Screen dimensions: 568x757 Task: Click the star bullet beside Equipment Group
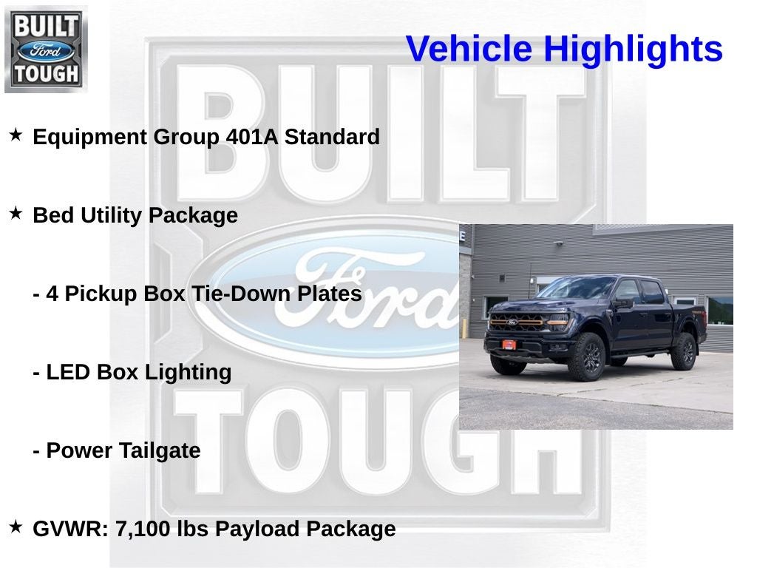[16, 135]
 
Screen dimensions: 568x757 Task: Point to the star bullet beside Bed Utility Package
[16, 214]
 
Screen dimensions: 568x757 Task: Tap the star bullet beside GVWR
[16, 527]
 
